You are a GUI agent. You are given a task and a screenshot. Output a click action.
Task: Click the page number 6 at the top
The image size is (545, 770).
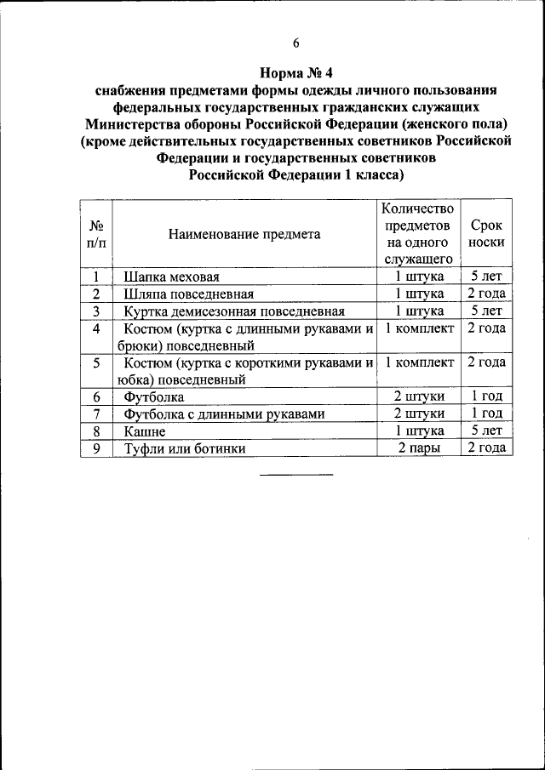(295, 43)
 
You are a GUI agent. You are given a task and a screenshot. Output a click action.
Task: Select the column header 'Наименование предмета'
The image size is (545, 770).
(244, 235)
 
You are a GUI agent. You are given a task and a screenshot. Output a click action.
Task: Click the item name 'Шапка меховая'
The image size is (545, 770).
(172, 277)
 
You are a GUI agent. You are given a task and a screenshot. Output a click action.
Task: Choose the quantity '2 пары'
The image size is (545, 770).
(418, 448)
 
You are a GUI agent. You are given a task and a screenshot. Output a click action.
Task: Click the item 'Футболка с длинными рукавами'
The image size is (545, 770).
(224, 414)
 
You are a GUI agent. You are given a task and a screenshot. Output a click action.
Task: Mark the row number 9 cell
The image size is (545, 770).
(96, 448)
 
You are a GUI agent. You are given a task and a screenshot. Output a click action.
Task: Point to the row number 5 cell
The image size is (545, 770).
(96, 363)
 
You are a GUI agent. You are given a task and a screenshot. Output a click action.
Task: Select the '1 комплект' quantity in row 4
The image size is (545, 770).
(419, 328)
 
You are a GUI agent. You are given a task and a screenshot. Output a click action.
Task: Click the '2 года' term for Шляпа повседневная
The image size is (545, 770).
(486, 294)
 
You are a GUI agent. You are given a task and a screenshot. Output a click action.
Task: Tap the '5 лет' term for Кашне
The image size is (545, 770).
(486, 431)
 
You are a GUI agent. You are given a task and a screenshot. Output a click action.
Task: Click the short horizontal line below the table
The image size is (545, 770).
(295, 474)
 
